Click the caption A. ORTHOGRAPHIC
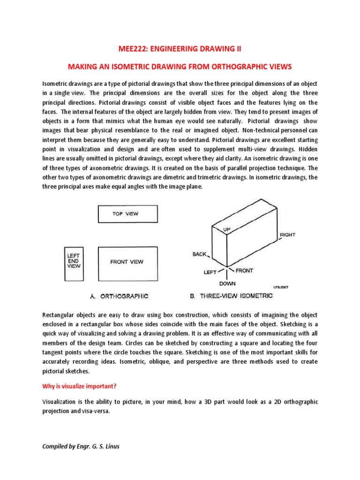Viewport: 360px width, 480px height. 119,296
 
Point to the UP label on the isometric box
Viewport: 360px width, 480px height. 227,230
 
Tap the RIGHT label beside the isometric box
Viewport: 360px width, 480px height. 287,234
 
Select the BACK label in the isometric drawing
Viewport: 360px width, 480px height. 199,254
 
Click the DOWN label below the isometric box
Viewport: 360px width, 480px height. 227,284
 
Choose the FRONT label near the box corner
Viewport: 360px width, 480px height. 244,270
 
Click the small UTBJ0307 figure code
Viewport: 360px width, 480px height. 280,288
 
